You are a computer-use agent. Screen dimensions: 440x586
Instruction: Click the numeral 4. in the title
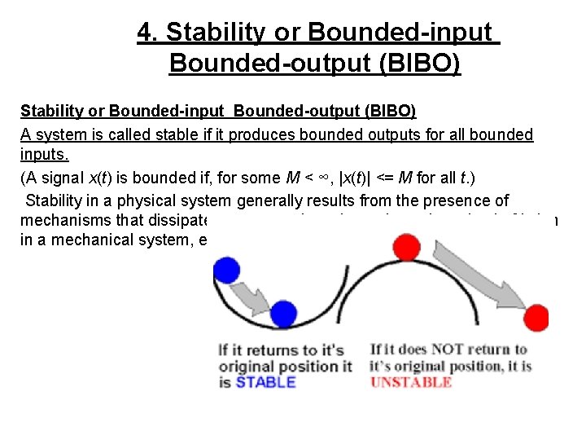(x=146, y=33)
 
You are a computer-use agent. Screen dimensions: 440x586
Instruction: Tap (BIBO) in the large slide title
(x=420, y=63)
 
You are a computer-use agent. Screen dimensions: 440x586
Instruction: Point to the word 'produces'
(x=260, y=134)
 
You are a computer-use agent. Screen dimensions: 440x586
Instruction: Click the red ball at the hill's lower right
(x=536, y=315)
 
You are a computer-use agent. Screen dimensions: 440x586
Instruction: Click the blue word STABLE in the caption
(x=265, y=382)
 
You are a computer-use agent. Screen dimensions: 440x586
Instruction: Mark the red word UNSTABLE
(x=411, y=382)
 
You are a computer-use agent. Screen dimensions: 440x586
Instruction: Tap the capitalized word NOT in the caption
(x=447, y=350)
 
